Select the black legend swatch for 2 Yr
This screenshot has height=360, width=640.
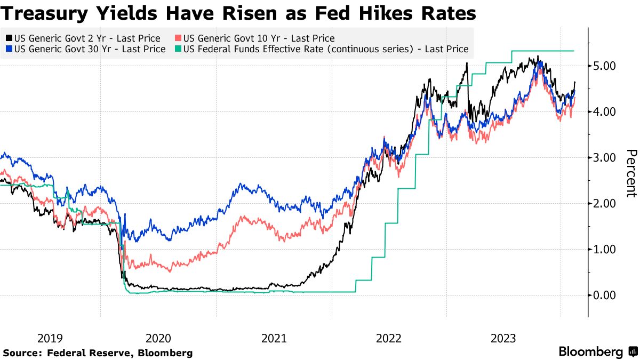[9, 38]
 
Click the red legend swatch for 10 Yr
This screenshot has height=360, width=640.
[178, 38]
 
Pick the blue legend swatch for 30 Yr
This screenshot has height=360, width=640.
[9, 49]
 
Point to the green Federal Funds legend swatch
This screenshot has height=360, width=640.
[178, 49]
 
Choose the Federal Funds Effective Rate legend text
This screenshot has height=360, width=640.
[325, 49]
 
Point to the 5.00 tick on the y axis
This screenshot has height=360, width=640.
[605, 66]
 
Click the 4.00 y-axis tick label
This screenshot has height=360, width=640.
[605, 112]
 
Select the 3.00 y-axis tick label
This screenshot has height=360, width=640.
[605, 158]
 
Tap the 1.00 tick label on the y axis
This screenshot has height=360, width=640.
[605, 250]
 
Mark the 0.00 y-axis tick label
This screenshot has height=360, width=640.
[605, 295]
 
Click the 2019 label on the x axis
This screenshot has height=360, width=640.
[50, 338]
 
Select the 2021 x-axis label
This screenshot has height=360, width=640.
[274, 338]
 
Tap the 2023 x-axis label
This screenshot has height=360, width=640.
[503, 338]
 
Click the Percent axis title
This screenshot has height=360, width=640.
[631, 173]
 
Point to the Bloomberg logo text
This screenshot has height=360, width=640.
[591, 352]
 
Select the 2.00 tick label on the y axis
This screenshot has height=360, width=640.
[605, 204]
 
